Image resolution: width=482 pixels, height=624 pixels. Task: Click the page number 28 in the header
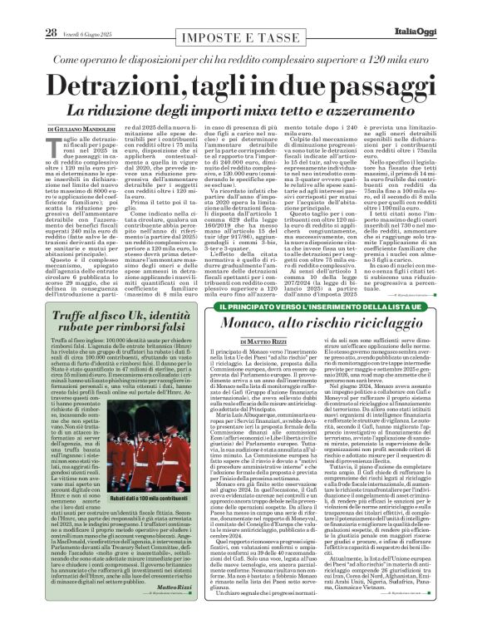click(28, 10)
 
